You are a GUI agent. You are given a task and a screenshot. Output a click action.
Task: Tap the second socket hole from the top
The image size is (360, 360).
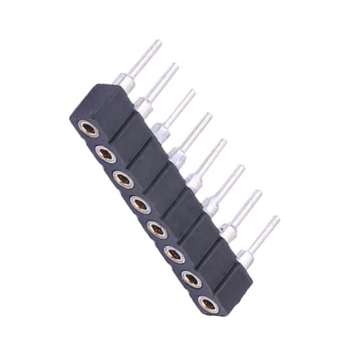(x=106, y=153)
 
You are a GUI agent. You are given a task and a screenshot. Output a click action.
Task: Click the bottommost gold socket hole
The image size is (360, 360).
(x=207, y=304)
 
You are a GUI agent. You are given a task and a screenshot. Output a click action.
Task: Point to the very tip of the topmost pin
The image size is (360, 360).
(x=158, y=42)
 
